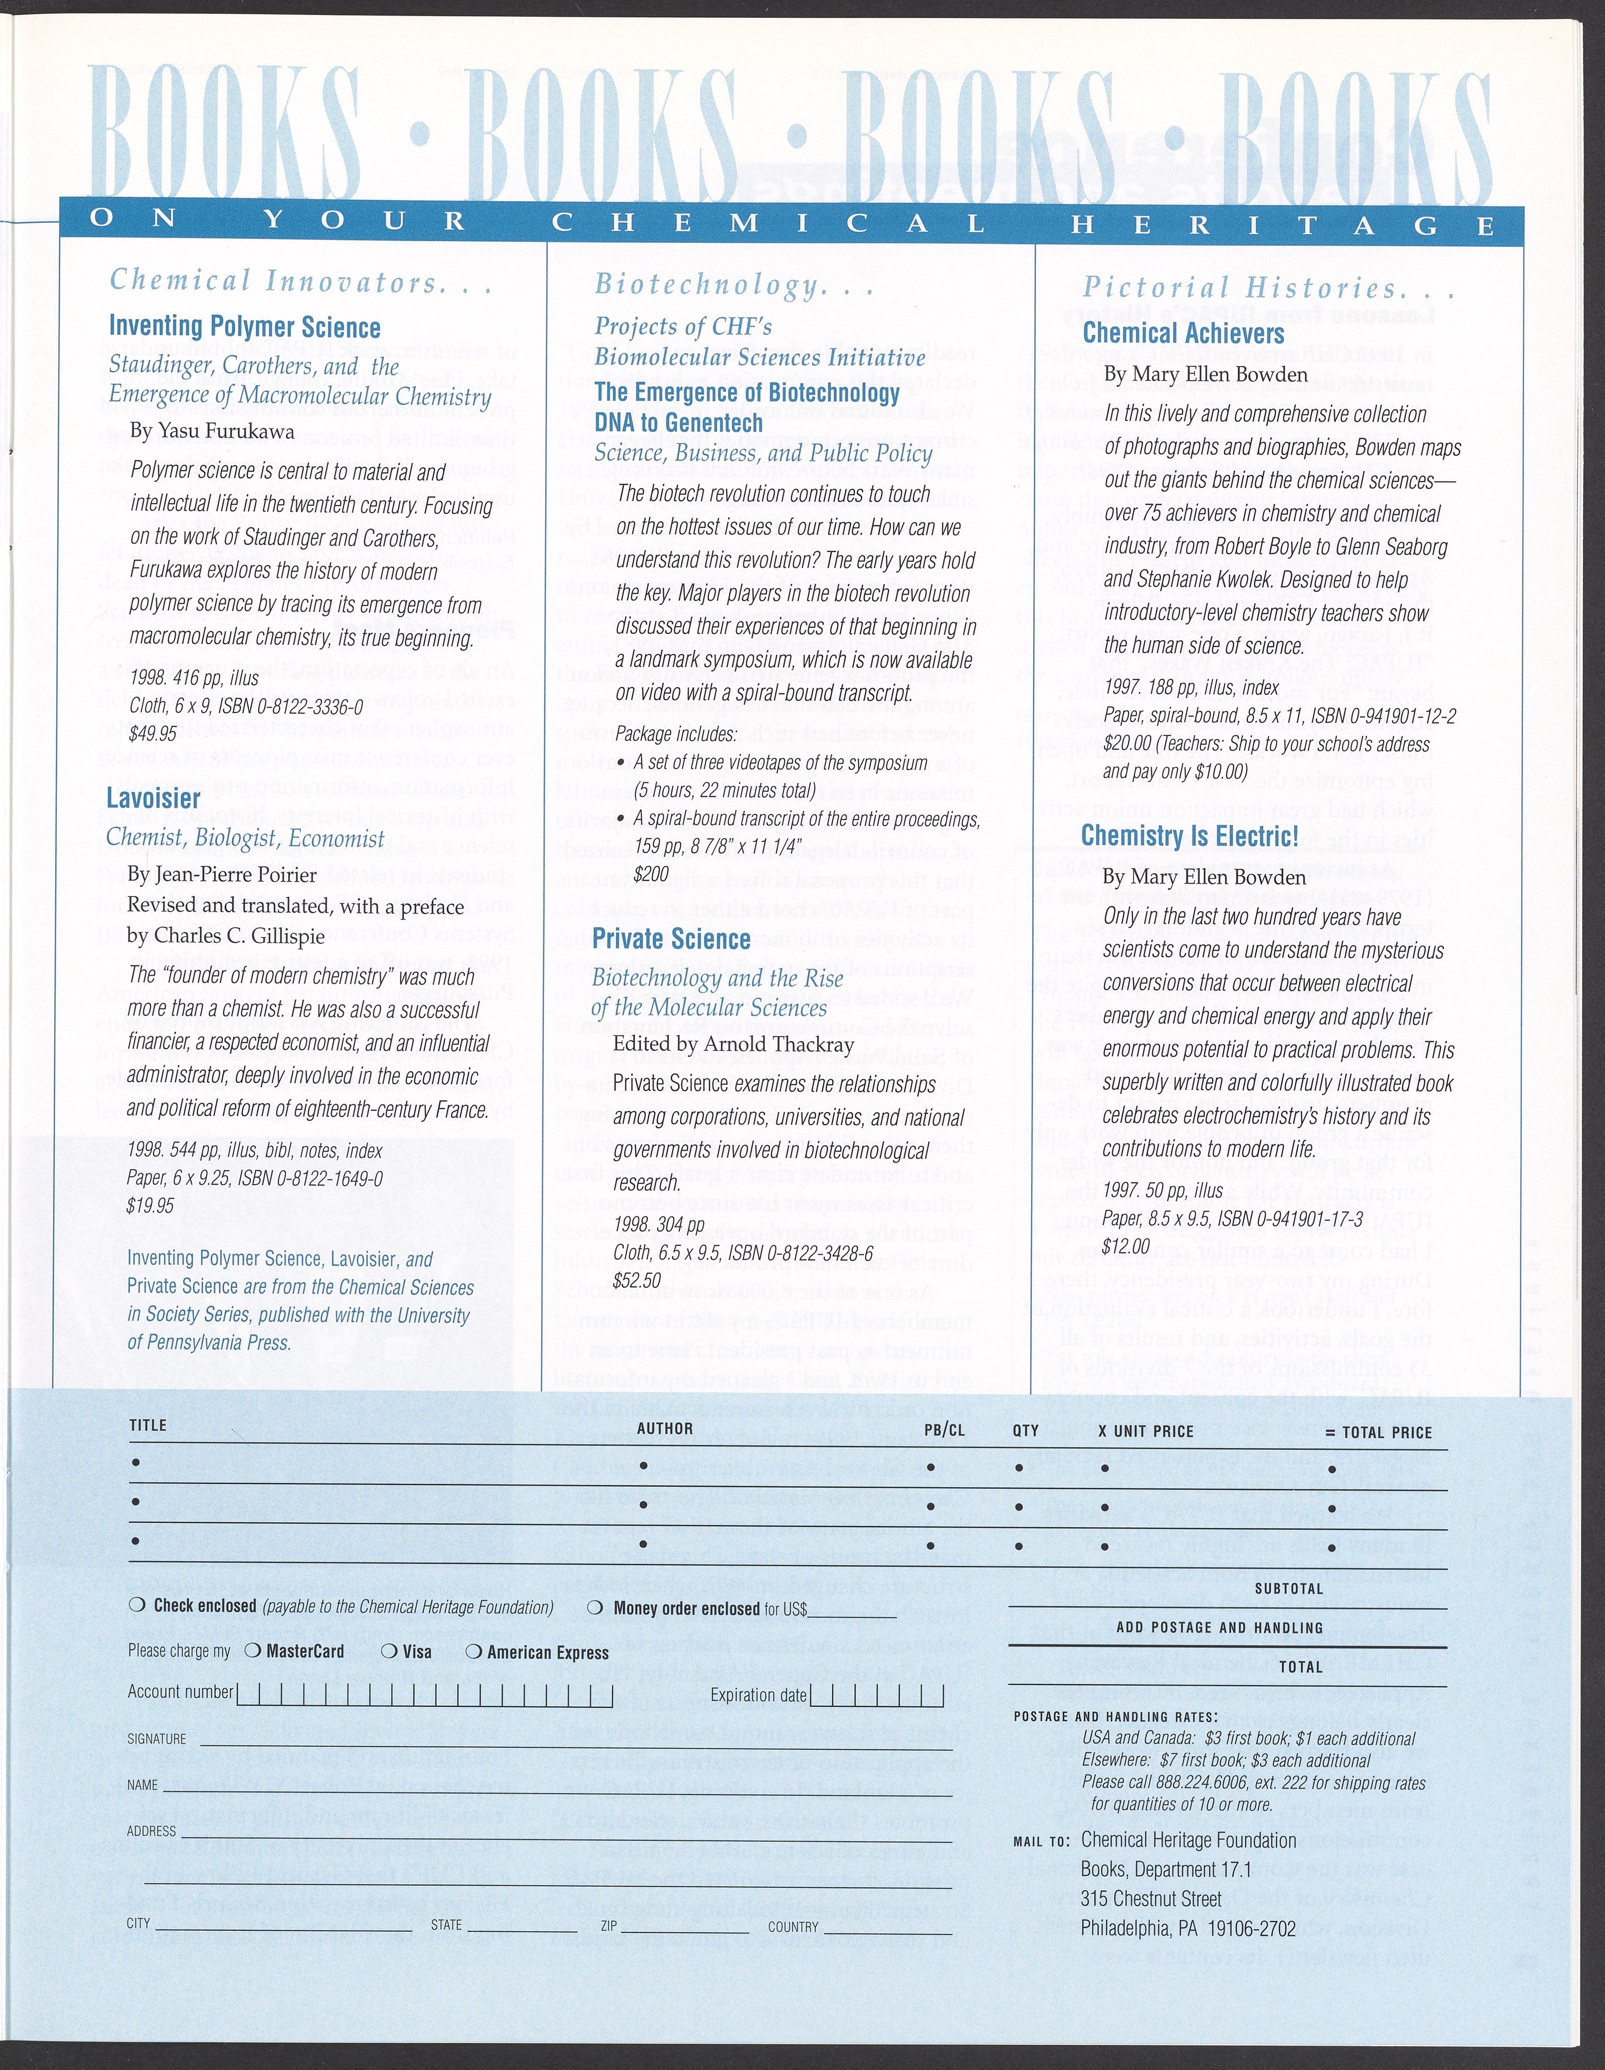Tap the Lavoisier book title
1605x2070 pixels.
pos(154,798)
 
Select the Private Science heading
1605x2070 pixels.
pos(671,939)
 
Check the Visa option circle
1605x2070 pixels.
pos(388,1651)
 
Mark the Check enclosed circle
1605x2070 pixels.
pos(138,1606)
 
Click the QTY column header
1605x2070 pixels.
pos(1026,1430)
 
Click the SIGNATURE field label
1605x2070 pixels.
pos(157,1739)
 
